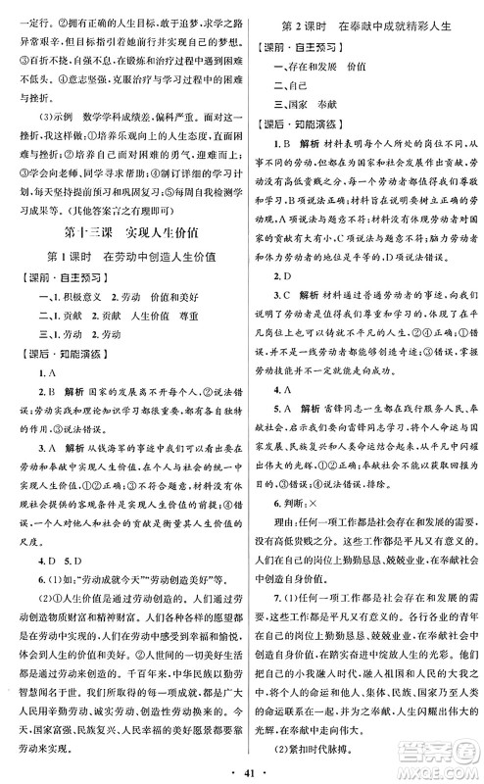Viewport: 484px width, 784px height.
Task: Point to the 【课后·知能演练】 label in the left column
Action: coord(63,401)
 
